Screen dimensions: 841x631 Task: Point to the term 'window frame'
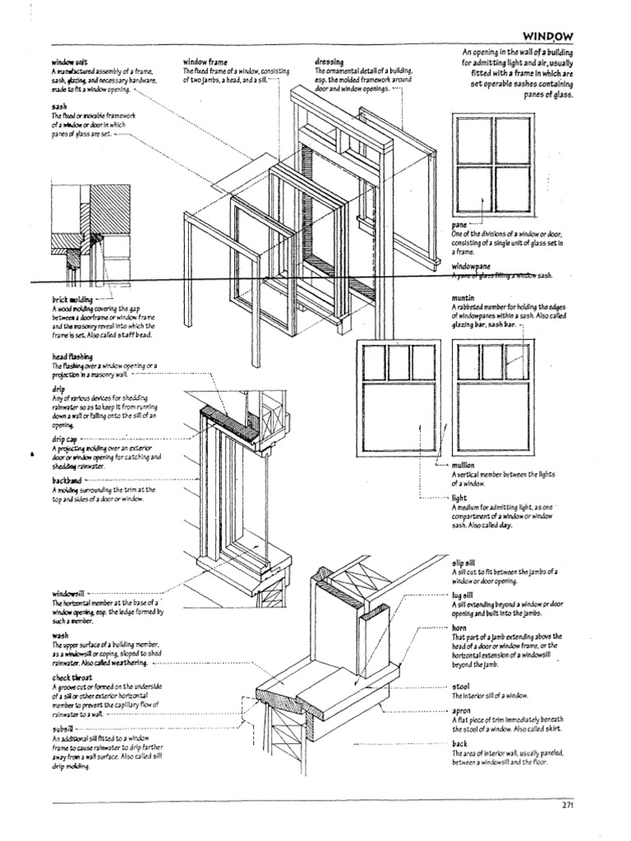point(205,62)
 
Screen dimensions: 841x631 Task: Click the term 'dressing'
point(329,62)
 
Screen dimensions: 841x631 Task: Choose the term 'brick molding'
point(71,301)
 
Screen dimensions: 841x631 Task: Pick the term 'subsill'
point(62,728)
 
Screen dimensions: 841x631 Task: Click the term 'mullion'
point(464,465)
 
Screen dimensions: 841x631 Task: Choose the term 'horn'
point(458,627)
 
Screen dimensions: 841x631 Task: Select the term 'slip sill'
point(463,563)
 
